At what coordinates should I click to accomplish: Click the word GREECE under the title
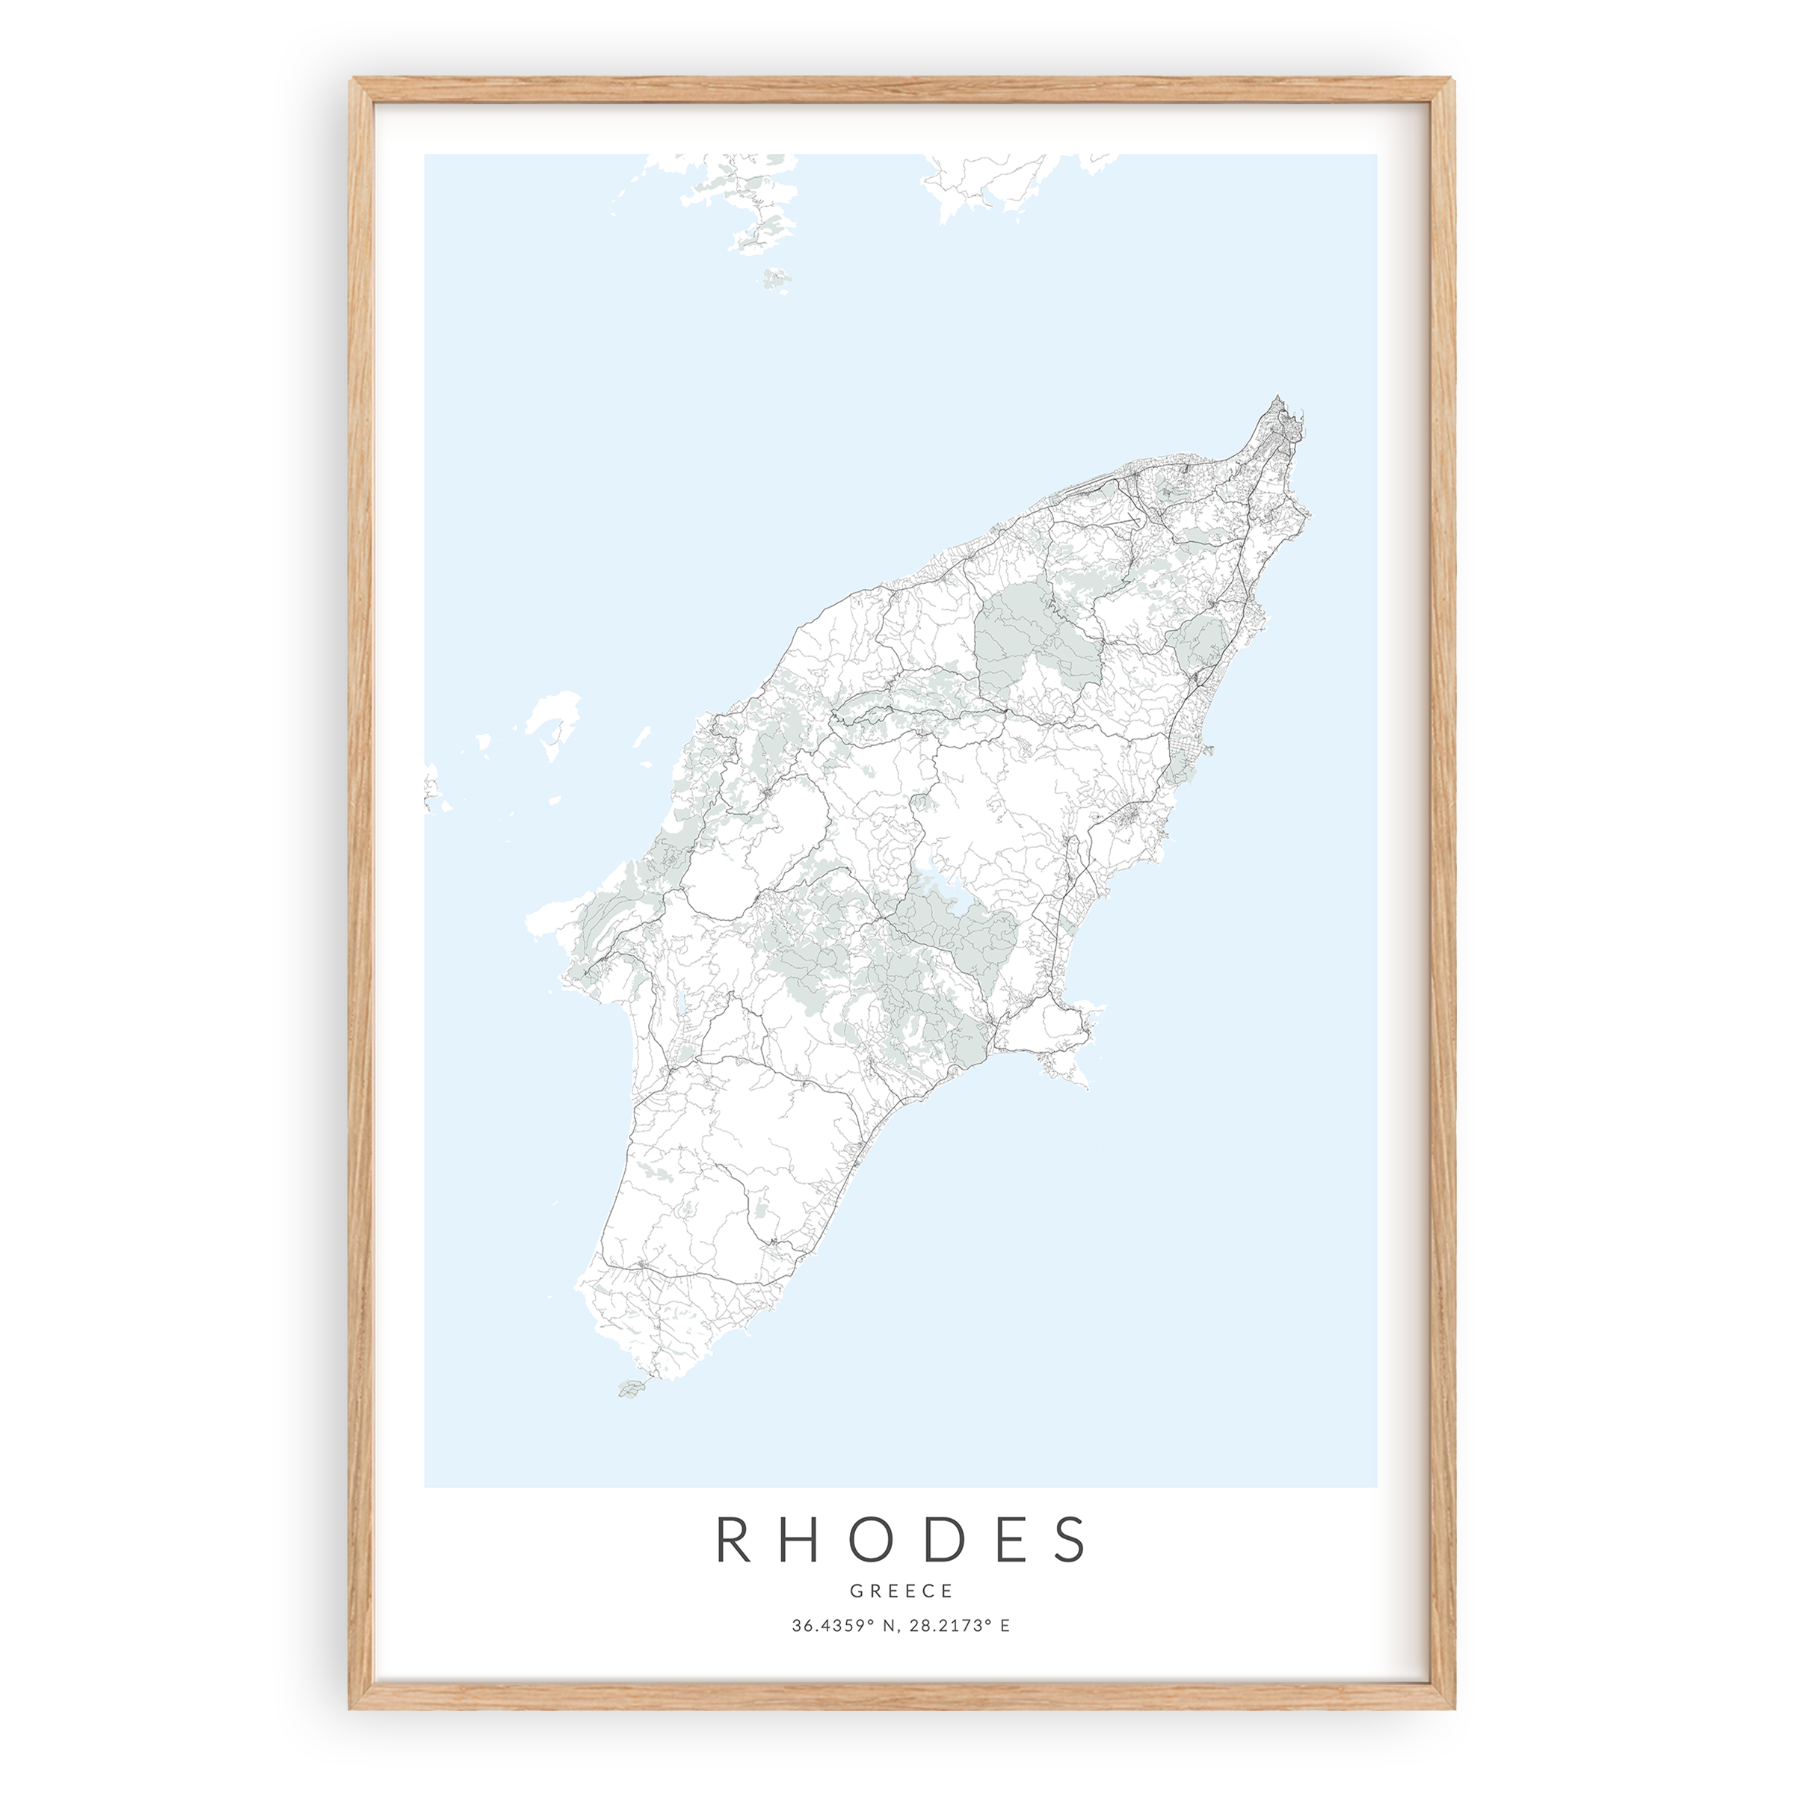pos(901,1591)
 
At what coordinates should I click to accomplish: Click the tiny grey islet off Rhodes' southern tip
pos(630,1415)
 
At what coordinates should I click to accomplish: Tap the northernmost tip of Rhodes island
pos(1280,398)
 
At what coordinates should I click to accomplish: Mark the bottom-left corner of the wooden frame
pos(354,1707)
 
